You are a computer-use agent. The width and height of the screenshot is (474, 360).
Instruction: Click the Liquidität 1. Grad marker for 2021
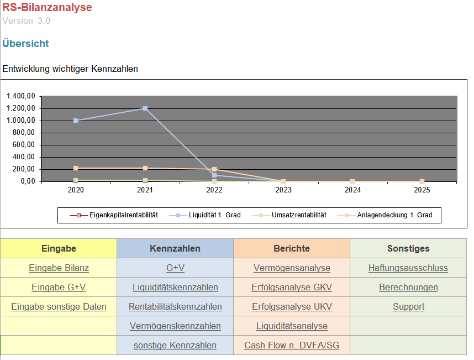coord(145,108)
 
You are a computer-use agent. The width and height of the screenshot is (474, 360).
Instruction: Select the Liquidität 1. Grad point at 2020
coord(76,121)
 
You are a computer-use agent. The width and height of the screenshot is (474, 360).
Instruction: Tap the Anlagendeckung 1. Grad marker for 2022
coord(214,169)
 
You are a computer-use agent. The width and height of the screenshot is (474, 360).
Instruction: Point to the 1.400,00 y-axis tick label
coord(21,96)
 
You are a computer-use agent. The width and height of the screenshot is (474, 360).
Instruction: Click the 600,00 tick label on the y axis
coord(24,144)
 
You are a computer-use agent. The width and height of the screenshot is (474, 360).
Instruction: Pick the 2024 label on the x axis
coord(352,190)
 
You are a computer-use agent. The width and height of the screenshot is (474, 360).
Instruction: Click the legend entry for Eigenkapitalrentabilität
coord(114,215)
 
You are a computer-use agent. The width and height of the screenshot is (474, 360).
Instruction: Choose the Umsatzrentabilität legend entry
coord(289,215)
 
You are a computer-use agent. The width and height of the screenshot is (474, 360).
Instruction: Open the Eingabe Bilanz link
coord(59,268)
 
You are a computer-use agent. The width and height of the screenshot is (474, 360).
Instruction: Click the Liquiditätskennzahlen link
coord(175,287)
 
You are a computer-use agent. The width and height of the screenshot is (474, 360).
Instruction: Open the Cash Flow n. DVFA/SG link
coord(292,345)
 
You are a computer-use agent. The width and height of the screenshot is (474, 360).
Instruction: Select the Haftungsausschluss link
coord(408,268)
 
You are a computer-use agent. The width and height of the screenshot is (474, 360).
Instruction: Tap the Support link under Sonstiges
coord(408,306)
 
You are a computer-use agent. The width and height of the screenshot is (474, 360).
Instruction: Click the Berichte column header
coord(292,248)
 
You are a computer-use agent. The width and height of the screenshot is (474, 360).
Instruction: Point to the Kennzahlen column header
coord(175,248)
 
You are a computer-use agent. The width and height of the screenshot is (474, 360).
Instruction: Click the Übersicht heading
coord(25,44)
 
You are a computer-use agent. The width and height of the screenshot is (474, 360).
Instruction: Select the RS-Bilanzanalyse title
coord(47,7)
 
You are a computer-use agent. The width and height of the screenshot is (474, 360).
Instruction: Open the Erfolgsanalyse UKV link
coord(292,306)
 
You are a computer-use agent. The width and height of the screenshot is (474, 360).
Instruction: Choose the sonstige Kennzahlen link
coord(175,345)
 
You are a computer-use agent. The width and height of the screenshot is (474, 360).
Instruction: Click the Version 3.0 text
coord(27,20)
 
